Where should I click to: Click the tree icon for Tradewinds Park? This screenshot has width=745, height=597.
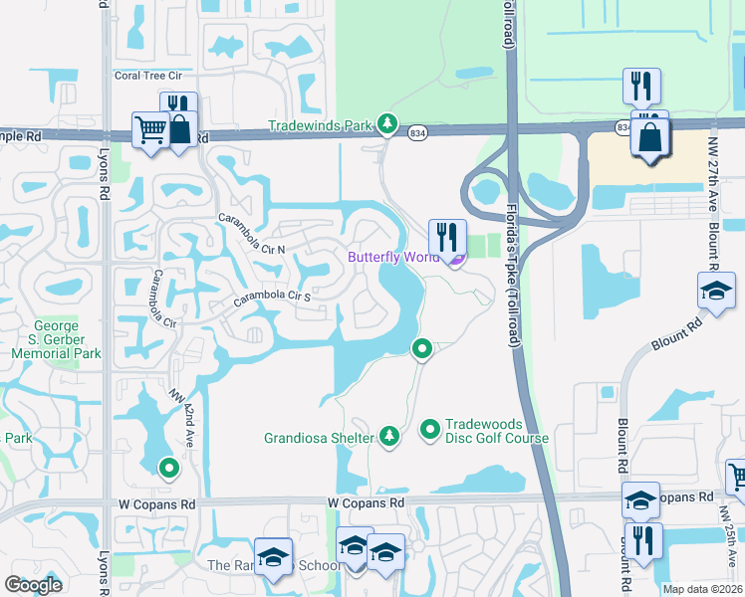coord(387,125)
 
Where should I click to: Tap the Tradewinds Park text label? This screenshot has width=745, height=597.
coord(320,126)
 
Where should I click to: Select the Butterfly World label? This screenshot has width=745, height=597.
coord(392,257)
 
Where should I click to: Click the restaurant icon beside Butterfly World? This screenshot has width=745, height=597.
coord(447,237)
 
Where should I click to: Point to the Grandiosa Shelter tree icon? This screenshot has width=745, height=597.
coord(388,436)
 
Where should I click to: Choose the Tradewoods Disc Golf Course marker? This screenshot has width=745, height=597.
coord(430,429)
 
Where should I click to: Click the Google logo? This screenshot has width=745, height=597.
coord(34,584)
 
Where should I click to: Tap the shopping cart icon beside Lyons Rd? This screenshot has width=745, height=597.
coord(149,128)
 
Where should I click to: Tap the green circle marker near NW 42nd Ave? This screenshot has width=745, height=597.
coord(168,466)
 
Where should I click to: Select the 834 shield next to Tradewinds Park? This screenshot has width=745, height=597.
coord(417,133)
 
